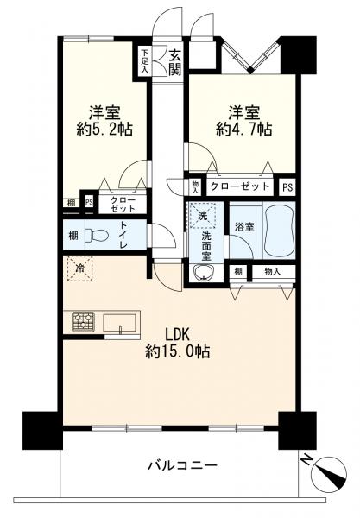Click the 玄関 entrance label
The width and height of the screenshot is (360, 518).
tap(175, 62)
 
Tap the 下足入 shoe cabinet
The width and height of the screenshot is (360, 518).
tap(145, 61)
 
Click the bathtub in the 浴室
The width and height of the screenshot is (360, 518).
tap(279, 231)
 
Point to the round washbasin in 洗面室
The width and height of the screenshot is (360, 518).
tap(203, 273)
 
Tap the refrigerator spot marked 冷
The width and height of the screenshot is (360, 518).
tap(80, 268)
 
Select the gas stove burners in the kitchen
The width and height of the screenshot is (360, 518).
tap(83, 321)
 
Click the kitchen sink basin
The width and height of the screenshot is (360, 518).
tap(119, 322)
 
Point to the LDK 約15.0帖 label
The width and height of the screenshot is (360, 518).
tap(177, 344)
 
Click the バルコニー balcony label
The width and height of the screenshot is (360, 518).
tap(182, 466)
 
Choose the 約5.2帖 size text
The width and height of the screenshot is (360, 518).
tap(104, 129)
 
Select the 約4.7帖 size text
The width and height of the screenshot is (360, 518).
tap(244, 129)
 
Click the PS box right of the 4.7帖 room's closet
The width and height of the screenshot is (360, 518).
tap(287, 187)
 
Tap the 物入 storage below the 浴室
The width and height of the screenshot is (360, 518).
tap(274, 272)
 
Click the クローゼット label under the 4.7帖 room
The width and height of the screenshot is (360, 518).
tap(240, 186)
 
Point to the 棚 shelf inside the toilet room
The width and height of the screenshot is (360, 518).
tap(73, 236)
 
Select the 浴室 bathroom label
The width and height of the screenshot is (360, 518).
tap(244, 227)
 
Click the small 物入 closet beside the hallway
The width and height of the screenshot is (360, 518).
tap(195, 187)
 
